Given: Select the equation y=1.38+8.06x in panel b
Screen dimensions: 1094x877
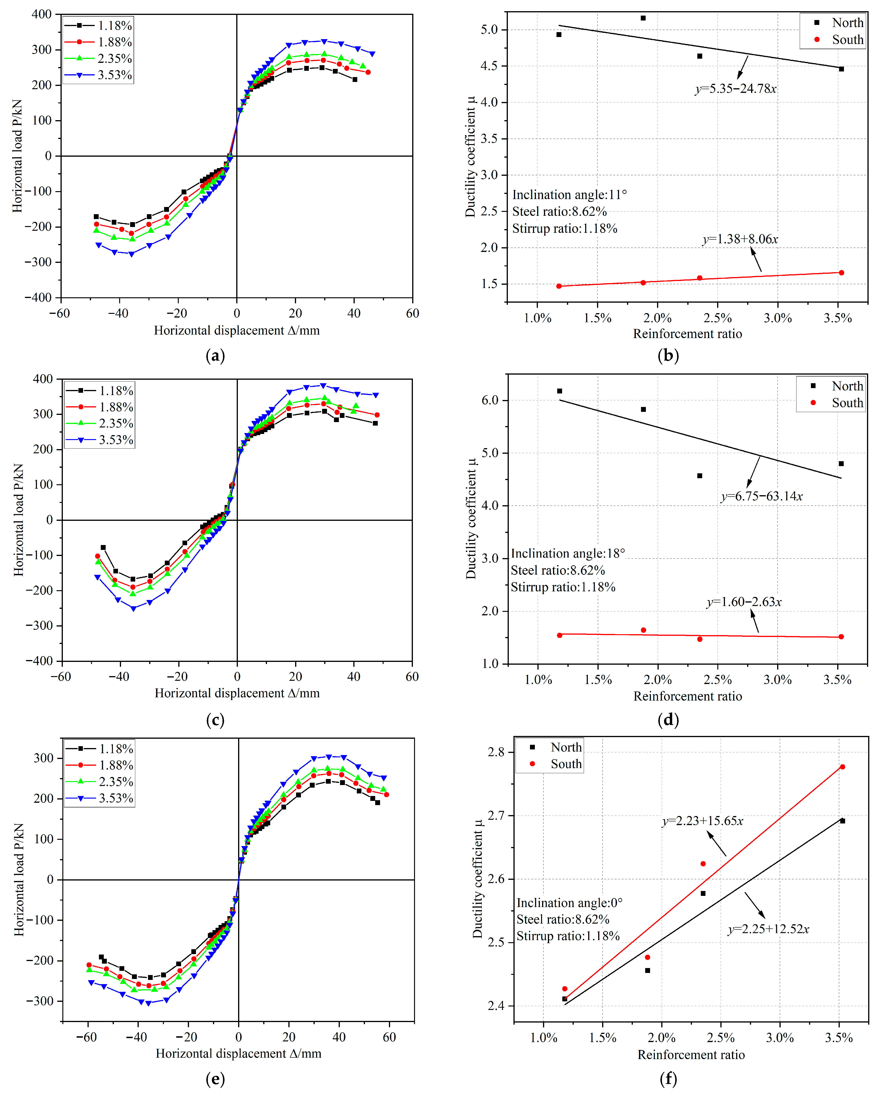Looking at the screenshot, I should point(740,239).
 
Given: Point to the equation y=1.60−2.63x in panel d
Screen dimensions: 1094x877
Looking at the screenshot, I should point(744,602).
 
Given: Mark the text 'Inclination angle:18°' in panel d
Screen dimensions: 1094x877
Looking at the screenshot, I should point(568,553).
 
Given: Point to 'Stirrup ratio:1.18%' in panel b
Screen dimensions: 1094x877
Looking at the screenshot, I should point(565,229).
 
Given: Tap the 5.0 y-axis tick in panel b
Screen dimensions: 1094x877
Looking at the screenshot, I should point(489,29).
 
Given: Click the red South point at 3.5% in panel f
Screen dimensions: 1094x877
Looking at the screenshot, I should point(843,767).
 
